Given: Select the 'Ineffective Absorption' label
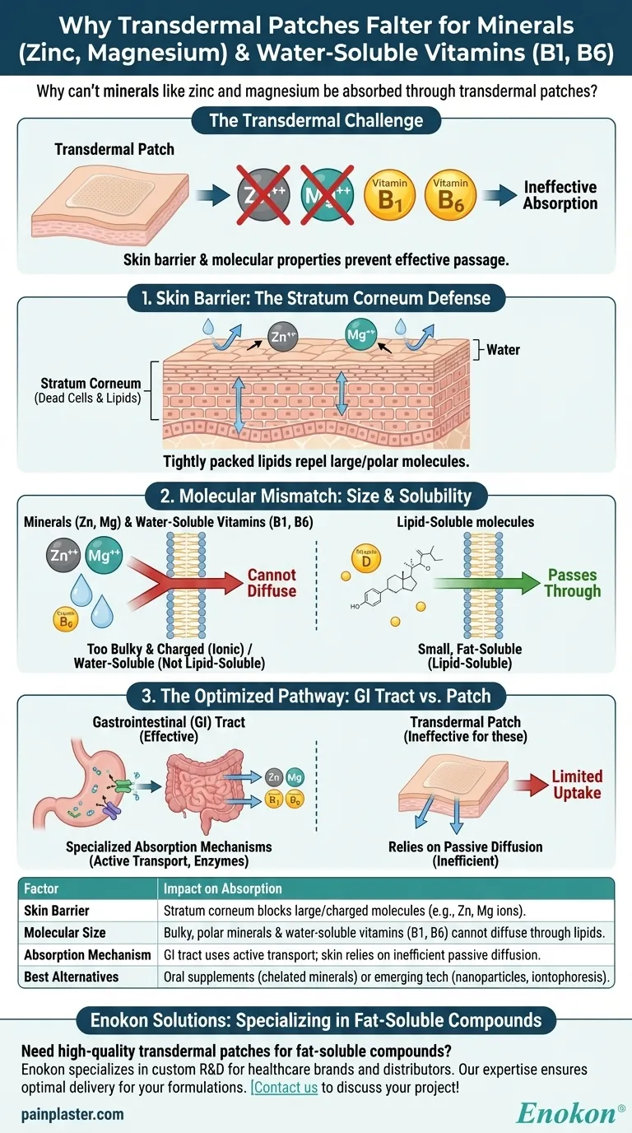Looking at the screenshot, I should tap(560, 195).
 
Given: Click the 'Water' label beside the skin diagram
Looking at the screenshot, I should tap(503, 349).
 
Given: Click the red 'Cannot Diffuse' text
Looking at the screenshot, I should tap(272, 582).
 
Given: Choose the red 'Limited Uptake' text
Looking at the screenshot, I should tap(577, 784).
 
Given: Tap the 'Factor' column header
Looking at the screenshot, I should tap(42, 888).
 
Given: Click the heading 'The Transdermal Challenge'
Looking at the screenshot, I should tap(316, 121).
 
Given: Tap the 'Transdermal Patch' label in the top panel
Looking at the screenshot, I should tap(103, 150).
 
